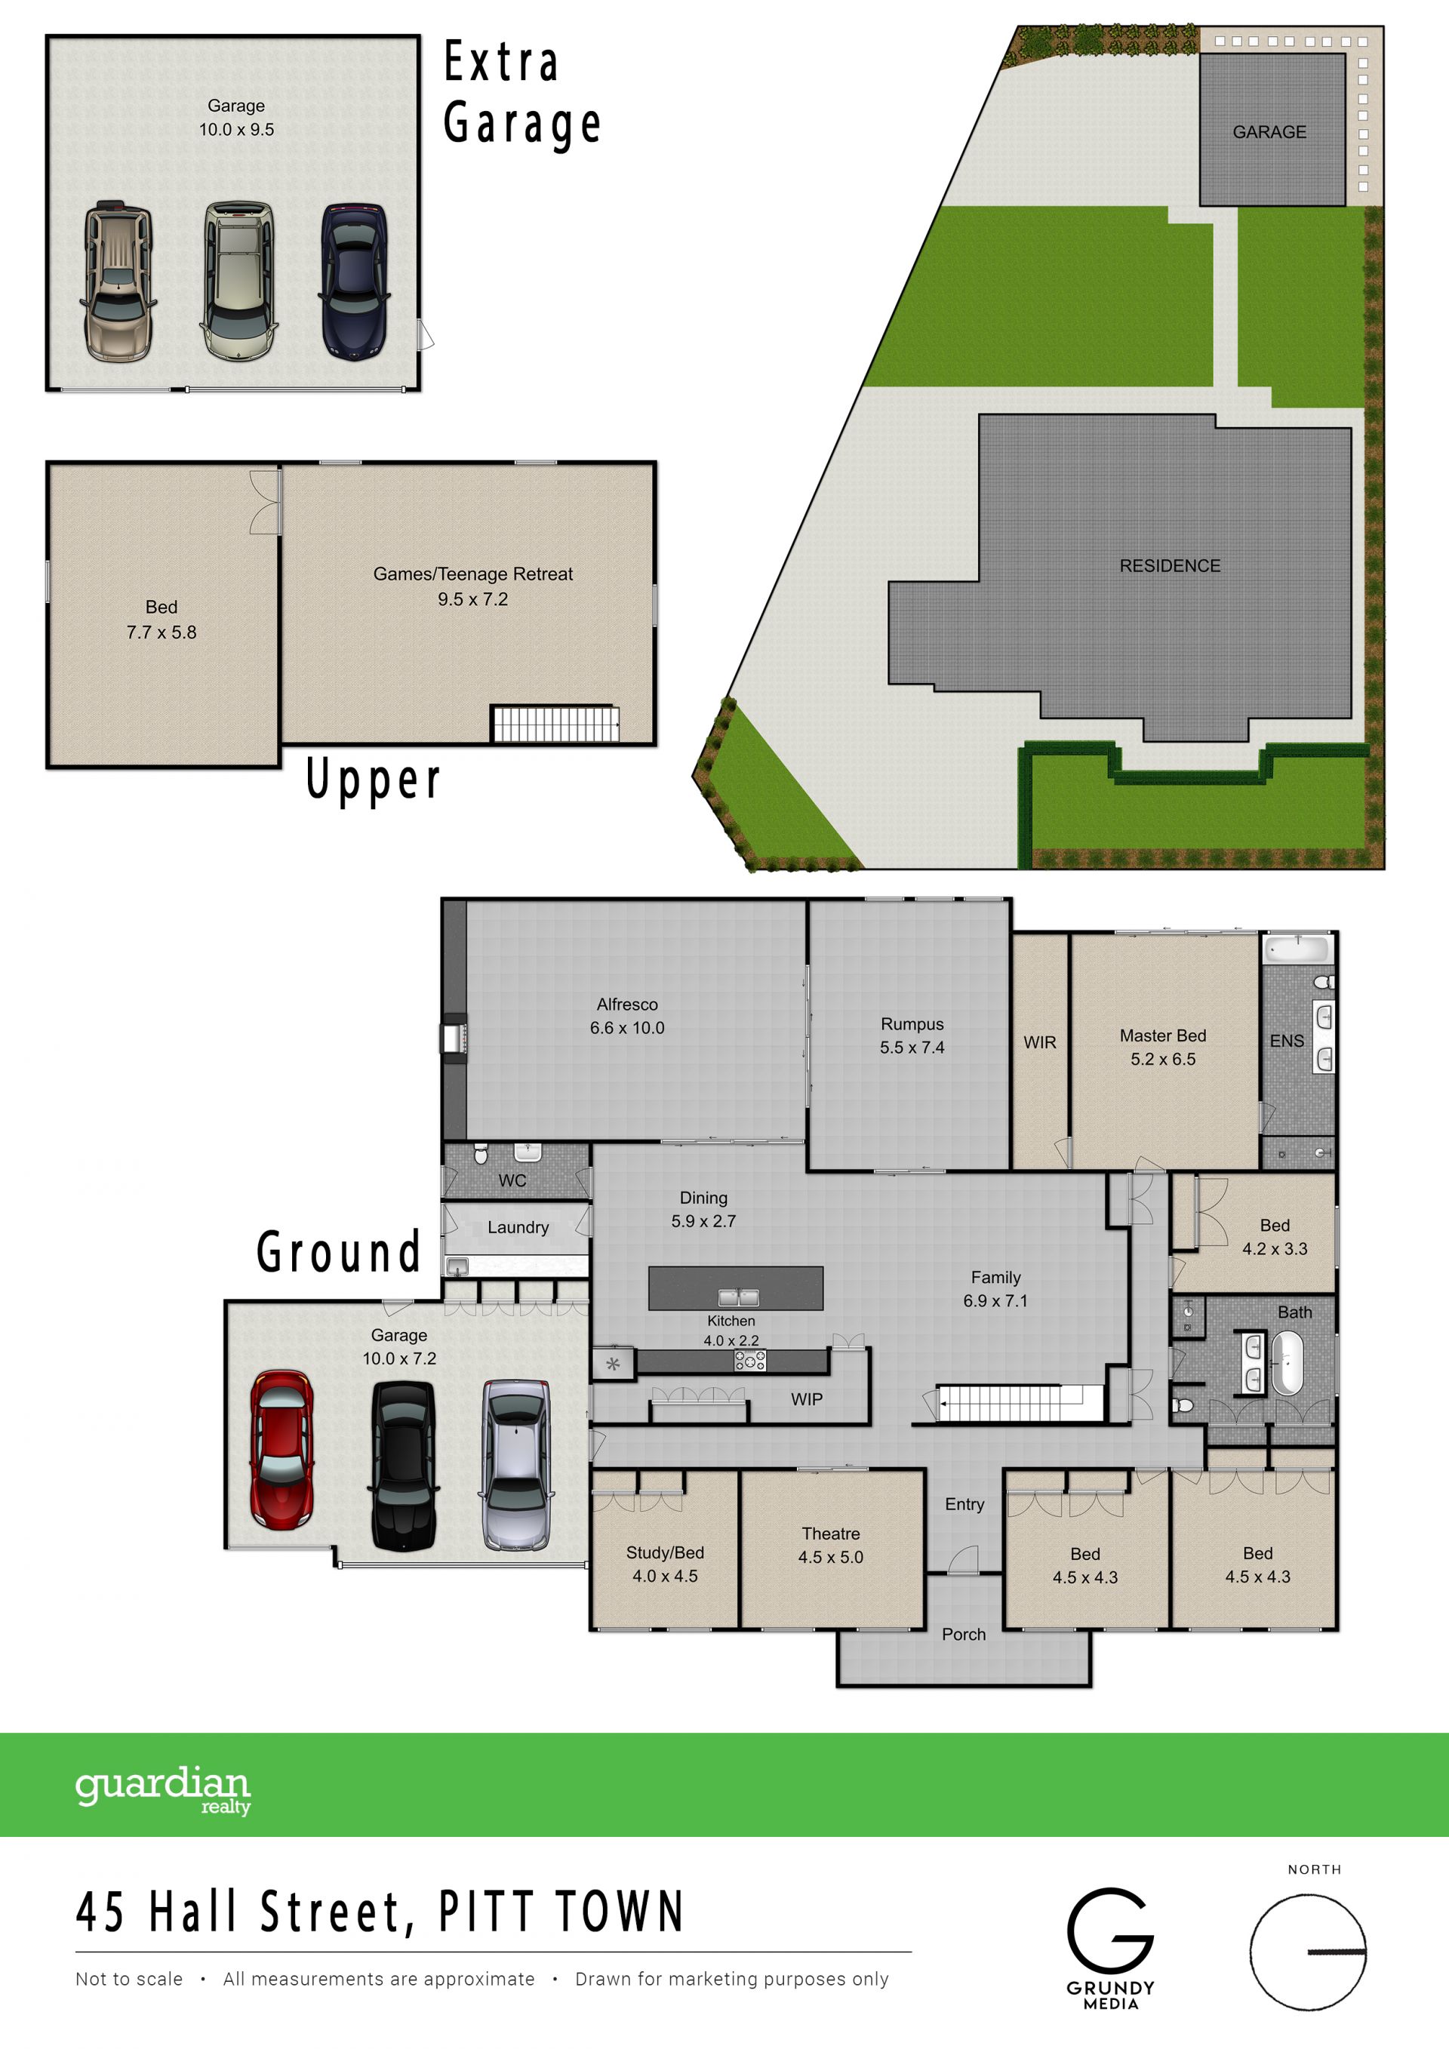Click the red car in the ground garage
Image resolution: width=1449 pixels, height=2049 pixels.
[x=282, y=1449]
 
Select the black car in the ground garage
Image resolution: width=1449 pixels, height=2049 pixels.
[x=403, y=1466]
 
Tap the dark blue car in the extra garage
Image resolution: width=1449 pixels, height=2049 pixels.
[x=354, y=281]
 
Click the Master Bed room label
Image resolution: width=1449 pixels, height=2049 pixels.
[x=1162, y=1047]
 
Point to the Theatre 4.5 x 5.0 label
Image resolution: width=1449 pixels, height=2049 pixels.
[x=831, y=1545]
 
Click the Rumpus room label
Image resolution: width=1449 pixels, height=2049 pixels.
[x=912, y=1035]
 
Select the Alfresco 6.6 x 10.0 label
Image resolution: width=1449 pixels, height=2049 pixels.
[x=627, y=1016]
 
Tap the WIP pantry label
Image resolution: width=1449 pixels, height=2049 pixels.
[x=807, y=1399]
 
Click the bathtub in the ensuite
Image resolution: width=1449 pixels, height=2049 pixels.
[x=1298, y=949]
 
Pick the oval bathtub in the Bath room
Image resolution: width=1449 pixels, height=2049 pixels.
[x=1287, y=1363]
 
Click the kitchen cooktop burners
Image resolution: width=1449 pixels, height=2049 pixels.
[x=749, y=1360]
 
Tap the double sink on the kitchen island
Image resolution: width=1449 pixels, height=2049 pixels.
[x=739, y=1297]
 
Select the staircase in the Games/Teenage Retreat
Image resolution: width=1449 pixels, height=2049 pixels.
[x=555, y=723]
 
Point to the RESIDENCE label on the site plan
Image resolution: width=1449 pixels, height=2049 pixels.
[x=1170, y=566]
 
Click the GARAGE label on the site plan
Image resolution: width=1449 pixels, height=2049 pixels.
[x=1269, y=132]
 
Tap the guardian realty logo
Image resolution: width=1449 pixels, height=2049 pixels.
[x=163, y=1789]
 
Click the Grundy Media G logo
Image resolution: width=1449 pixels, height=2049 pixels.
[x=1110, y=1931]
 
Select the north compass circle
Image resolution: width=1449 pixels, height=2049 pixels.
[x=1307, y=1952]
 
